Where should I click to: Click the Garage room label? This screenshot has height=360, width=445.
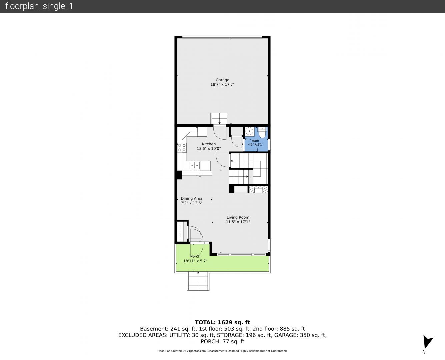[222, 80]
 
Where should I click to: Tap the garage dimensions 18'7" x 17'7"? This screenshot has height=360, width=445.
[222, 84]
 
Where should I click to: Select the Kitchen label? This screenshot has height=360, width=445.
[209, 144]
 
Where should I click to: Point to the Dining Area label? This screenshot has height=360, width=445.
[191, 198]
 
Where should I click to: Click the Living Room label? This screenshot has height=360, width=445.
[238, 217]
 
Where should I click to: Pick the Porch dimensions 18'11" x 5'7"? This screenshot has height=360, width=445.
[195, 261]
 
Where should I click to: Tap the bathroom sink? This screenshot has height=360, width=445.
[249, 131]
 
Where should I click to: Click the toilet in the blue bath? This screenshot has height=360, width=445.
[262, 132]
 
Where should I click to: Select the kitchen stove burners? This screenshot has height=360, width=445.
[182, 148]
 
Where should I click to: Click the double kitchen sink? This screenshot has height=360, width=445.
[195, 166]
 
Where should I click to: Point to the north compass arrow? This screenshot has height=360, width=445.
[427, 342]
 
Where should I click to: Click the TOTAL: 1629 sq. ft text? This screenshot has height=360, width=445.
[222, 322]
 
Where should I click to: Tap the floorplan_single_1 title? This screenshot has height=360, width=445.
[39, 6]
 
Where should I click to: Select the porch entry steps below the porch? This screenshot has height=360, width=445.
[198, 281]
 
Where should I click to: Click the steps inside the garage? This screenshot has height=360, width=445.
[219, 119]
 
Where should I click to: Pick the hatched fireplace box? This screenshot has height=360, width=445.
[258, 190]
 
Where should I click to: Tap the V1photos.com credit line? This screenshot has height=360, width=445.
[222, 351]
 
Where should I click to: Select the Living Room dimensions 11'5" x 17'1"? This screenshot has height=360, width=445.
[238, 222]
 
